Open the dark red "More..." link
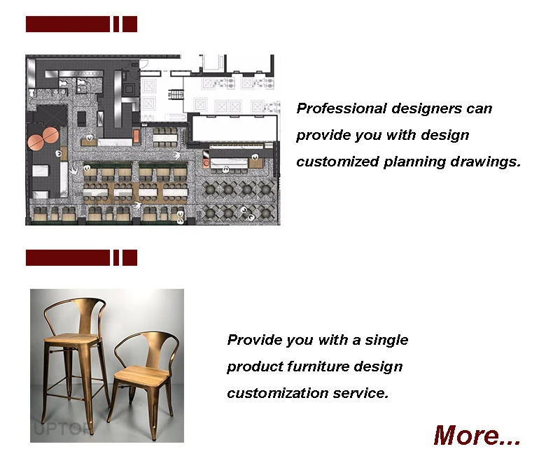(477, 435)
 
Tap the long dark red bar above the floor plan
(68, 24)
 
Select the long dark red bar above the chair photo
(68, 257)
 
